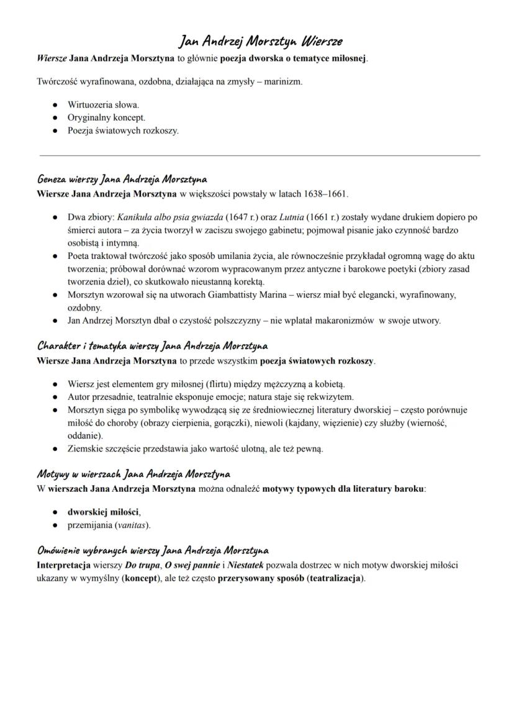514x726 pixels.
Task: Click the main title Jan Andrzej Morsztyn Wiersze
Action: pyautogui.click(x=259, y=42)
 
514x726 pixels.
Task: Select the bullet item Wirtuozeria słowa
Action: pyautogui.click(x=103, y=104)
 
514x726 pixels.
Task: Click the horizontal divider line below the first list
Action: pyautogui.click(x=259, y=155)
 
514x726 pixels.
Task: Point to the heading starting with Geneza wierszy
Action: pyautogui.click(x=122, y=179)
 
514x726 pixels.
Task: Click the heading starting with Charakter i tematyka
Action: pyautogui.click(x=152, y=345)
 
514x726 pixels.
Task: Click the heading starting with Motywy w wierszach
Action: pyautogui.click(x=133, y=474)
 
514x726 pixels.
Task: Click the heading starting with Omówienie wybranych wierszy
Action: pyautogui.click(x=153, y=550)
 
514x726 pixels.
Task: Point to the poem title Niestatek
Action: pyautogui.click(x=245, y=565)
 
